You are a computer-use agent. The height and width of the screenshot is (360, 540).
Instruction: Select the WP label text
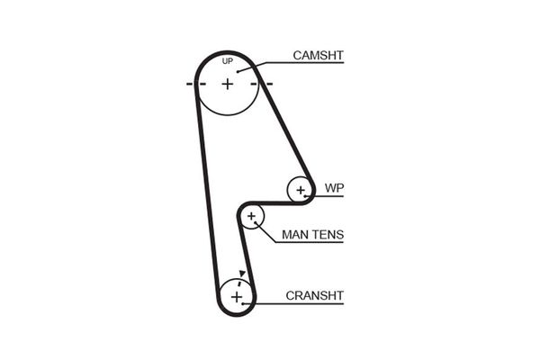point(334,189)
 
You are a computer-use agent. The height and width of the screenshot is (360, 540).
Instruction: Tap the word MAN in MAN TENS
point(296,235)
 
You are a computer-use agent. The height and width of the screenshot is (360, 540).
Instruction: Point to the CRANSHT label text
point(315,294)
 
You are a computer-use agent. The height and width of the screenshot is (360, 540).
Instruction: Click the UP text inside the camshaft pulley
point(228,62)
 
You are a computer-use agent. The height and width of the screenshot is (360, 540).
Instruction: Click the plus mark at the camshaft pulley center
point(228,84)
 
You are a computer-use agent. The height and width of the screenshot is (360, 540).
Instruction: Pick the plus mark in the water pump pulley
point(299,189)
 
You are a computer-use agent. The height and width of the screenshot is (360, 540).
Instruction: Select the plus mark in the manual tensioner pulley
point(251,216)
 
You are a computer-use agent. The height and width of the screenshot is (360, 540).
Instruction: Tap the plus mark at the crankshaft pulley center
point(237,296)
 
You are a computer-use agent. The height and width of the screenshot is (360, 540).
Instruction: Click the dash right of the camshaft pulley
point(267,84)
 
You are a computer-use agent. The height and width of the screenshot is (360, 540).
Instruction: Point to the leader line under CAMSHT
point(306,65)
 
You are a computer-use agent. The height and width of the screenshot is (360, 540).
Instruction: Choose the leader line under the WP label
point(328,197)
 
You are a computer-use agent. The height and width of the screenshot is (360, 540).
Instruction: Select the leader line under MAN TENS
point(310,243)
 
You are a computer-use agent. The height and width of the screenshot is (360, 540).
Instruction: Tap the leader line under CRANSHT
point(306,303)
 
